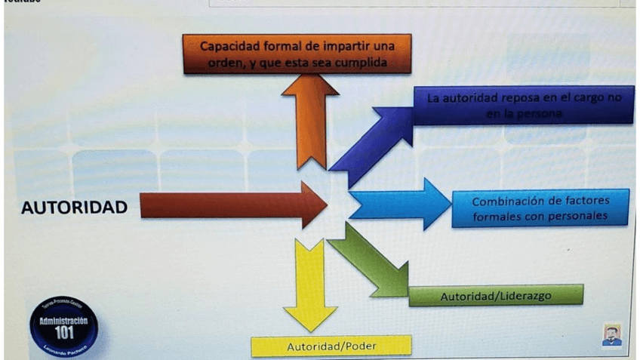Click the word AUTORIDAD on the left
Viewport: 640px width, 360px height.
pyautogui.click(x=74, y=207)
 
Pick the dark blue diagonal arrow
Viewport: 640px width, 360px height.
pyautogui.click(x=370, y=143)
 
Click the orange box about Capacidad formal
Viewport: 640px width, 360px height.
pyautogui.click(x=297, y=54)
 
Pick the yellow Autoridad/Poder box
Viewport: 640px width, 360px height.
pyautogui.click(x=331, y=346)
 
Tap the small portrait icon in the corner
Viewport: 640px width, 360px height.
pyautogui.click(x=611, y=335)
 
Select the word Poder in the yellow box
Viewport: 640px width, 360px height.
pyautogui.click(x=359, y=346)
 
